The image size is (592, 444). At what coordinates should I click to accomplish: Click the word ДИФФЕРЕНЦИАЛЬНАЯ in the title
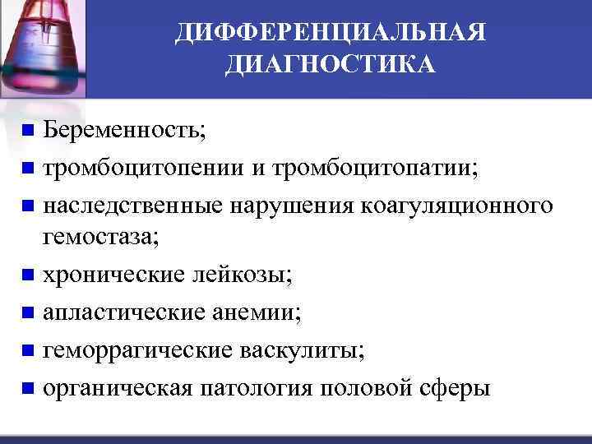click(331, 34)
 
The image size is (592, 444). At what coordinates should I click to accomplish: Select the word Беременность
click(124, 130)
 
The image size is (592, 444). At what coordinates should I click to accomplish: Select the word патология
click(258, 387)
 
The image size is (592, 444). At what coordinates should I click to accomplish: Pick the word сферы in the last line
click(453, 387)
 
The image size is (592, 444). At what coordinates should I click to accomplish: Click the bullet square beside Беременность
click(29, 130)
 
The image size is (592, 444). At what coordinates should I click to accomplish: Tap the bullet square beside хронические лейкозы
click(29, 275)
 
